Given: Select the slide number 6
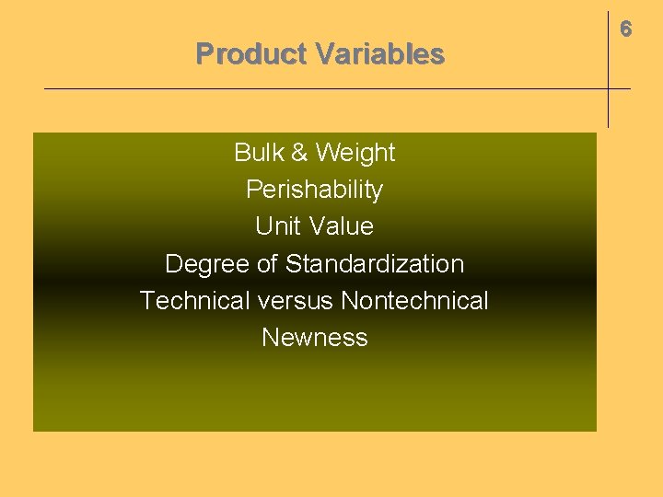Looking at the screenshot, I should tap(626, 29).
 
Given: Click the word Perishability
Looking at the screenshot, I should tap(314, 191).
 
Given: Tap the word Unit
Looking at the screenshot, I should tap(277, 226).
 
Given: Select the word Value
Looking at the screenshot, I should tap(341, 226).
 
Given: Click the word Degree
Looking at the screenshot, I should tap(207, 264).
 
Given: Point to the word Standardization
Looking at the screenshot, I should tap(375, 264).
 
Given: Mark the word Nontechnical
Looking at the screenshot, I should tap(414, 301).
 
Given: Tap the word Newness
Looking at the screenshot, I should tap(315, 338).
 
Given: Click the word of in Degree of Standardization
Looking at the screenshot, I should tap(267, 264).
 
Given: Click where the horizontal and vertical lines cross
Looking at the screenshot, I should tap(608, 88).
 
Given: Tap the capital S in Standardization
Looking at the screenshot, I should tap(294, 264).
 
